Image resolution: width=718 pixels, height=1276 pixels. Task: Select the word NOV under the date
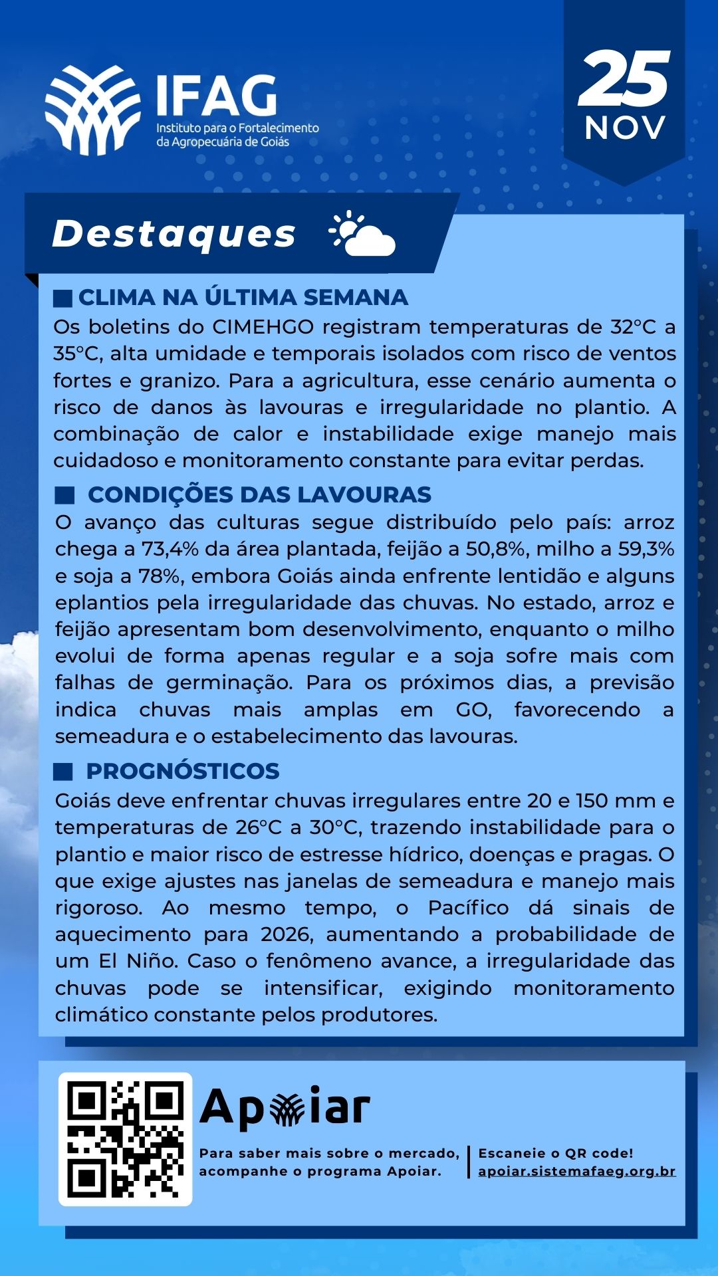coord(625,128)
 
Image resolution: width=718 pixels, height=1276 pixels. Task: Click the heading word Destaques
coord(174,234)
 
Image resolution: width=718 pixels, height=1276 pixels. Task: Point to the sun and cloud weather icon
coord(362,234)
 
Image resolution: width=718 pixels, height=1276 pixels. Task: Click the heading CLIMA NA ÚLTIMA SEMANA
coord(243,298)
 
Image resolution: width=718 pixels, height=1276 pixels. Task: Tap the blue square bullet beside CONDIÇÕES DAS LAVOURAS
coord(64,495)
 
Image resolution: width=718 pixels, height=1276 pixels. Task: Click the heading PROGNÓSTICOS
coord(182,771)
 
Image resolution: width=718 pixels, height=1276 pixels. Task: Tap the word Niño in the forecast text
coord(154,962)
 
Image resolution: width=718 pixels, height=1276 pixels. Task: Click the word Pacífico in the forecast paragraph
coord(468,908)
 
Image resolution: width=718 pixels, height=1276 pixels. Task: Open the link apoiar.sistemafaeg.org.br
coord(576,1171)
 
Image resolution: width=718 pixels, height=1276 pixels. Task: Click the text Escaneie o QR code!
coord(556,1153)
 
